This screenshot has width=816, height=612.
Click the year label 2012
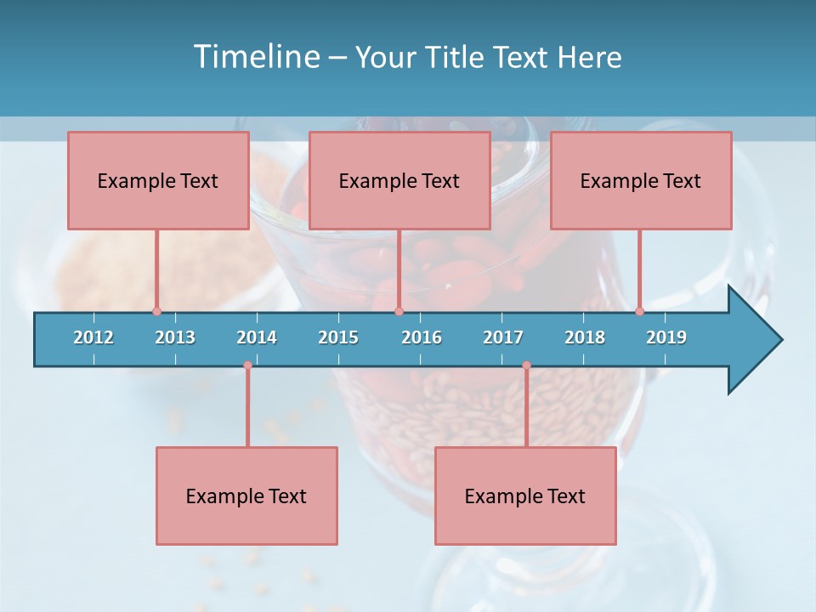(93, 337)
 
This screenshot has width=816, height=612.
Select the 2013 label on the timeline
(175, 337)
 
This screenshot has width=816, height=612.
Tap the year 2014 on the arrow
(257, 337)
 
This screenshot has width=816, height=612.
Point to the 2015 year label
(338, 337)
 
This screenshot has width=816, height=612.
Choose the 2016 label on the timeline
(422, 337)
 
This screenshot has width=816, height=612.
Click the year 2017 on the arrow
(503, 337)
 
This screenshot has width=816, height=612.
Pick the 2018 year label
(585, 337)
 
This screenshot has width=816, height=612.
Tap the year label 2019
(666, 337)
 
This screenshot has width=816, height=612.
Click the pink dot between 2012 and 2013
(156, 311)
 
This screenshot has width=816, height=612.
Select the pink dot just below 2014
(247, 365)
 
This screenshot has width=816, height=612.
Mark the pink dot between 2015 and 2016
(399, 311)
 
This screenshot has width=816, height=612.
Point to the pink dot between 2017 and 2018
(526, 365)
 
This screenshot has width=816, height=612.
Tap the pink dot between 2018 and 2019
(639, 311)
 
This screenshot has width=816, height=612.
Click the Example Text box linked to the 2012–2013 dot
(158, 180)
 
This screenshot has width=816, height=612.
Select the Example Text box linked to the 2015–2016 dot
(399, 180)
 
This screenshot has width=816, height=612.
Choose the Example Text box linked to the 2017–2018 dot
(525, 496)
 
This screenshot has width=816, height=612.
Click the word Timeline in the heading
(257, 57)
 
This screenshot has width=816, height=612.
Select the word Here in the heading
(590, 57)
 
